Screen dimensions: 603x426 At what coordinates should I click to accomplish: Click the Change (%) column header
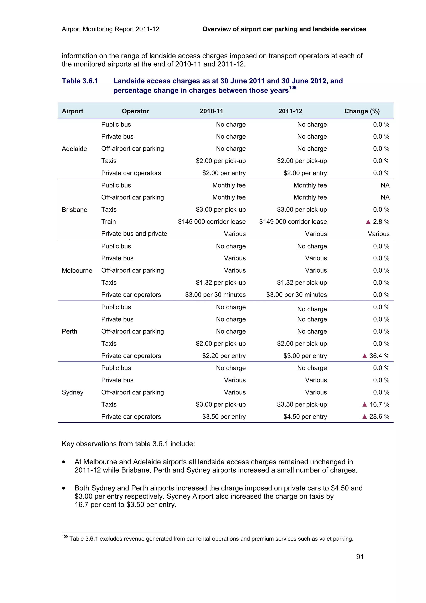pos(362,111)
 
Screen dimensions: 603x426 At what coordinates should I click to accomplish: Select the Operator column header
pos(135,111)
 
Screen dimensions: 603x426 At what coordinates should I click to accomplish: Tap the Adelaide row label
pos(74,149)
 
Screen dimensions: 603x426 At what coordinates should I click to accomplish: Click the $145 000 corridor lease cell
pos(212,222)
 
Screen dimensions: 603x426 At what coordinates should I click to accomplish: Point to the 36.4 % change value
pos(379,356)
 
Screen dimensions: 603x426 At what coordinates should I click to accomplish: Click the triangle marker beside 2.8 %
pos(368,222)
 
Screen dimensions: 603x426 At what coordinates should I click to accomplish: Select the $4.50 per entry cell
pos(305,417)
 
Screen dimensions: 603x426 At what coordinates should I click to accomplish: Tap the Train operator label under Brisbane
pos(108,222)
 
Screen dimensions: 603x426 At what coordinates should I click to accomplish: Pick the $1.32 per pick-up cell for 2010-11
pos(220,283)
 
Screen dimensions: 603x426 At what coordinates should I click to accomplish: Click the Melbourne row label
pos(77,270)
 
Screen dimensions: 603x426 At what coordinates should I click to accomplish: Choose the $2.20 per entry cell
pos(224,356)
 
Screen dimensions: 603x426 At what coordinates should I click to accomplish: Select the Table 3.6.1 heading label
pos(80,81)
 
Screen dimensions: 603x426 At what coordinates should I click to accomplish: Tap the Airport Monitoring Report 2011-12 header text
pos(110,29)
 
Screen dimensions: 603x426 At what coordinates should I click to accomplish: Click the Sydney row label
pos(72,392)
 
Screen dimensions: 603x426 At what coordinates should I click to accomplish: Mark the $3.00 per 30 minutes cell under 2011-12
pos(296,295)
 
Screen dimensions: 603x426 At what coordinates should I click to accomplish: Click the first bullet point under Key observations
pos(64,462)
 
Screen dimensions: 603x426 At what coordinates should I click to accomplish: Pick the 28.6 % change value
pos(379,417)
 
